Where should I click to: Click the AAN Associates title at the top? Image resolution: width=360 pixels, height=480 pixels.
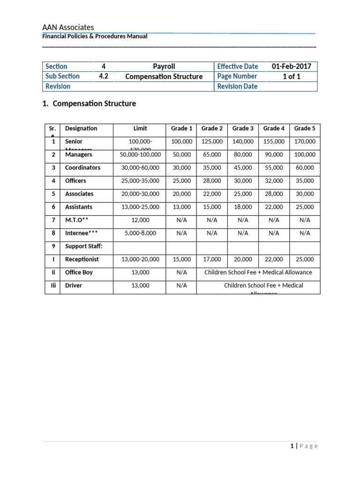click(68, 28)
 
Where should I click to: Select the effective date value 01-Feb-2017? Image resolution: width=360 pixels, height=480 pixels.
click(291, 67)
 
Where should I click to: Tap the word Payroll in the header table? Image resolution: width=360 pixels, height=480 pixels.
click(164, 67)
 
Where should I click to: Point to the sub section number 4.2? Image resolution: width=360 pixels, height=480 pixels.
click(104, 76)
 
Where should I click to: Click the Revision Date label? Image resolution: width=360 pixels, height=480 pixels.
click(237, 86)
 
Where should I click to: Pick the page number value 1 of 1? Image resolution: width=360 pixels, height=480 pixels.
click(291, 76)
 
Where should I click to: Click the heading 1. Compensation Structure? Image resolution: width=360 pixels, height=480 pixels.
click(89, 104)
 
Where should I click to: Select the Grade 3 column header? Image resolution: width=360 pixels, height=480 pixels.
click(243, 128)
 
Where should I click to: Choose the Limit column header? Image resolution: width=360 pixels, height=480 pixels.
click(140, 128)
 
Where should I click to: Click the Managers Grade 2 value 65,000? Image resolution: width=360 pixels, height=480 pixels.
click(212, 155)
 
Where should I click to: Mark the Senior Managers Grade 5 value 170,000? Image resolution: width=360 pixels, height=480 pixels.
click(304, 142)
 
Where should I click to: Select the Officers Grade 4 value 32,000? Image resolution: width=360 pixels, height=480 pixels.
click(274, 181)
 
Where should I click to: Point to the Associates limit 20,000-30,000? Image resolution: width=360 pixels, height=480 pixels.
click(140, 194)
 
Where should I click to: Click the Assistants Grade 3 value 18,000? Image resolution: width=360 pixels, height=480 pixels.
click(243, 207)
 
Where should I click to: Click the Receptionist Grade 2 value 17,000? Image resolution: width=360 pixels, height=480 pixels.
click(212, 260)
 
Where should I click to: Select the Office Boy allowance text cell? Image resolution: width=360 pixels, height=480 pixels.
click(258, 272)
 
